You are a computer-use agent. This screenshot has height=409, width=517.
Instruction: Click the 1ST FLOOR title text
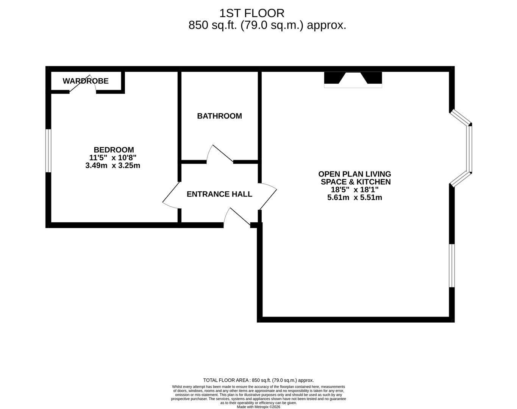(x=251, y=13)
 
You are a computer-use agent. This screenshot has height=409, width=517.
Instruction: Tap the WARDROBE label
(x=86, y=81)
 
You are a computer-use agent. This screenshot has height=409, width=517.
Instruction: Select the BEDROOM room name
(x=114, y=150)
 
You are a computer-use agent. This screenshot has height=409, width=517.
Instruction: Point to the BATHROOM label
(x=219, y=116)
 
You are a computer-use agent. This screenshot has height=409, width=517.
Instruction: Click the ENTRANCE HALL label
(x=219, y=194)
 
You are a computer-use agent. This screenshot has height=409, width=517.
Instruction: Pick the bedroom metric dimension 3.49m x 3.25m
(x=113, y=165)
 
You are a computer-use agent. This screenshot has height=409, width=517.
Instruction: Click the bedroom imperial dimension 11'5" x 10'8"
(x=113, y=158)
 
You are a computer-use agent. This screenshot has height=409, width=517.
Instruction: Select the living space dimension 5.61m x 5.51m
(x=355, y=197)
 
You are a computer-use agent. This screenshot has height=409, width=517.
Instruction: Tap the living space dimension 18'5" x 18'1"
(x=355, y=190)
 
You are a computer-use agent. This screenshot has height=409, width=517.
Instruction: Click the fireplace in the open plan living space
(x=353, y=80)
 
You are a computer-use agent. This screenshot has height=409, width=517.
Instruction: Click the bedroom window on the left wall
(x=48, y=151)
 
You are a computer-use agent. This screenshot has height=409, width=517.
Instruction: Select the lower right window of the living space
(x=451, y=265)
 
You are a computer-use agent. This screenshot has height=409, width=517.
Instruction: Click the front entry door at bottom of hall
(x=237, y=218)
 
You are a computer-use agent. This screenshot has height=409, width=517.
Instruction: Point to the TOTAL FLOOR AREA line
(x=258, y=380)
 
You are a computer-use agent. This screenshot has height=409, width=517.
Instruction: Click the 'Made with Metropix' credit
(x=258, y=407)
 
